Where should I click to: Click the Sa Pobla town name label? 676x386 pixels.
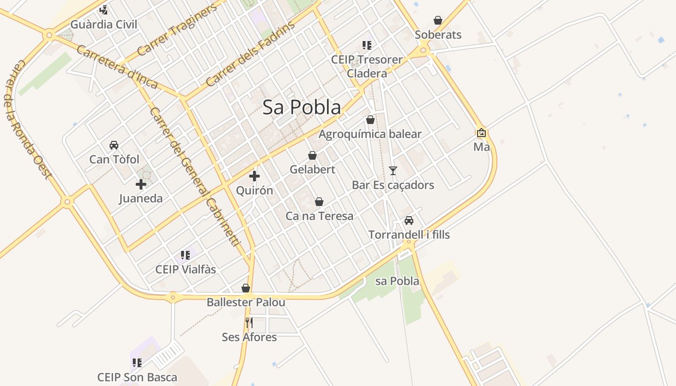302,107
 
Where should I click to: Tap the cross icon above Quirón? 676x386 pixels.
254,176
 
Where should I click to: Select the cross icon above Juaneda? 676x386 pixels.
141,184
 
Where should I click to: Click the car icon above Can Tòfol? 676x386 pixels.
114,145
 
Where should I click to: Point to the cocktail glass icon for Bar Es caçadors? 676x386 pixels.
393,170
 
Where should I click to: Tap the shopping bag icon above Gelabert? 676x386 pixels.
312,155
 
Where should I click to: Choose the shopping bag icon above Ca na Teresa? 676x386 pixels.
319,201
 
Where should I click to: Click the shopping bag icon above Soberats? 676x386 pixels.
438,20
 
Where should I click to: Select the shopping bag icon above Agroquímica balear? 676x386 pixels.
370,120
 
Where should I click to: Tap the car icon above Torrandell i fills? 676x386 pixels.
409,221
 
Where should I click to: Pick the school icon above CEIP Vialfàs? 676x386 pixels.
185,255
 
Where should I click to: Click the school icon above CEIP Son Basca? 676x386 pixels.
137,362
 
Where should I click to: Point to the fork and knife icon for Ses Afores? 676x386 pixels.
249,322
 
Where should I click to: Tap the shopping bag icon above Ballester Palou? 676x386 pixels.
246,288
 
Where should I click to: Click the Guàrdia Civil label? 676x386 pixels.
104,24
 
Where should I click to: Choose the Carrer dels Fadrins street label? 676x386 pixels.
250,54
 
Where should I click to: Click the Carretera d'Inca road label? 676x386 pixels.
117,67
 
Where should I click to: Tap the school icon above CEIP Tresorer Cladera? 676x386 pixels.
367,45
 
